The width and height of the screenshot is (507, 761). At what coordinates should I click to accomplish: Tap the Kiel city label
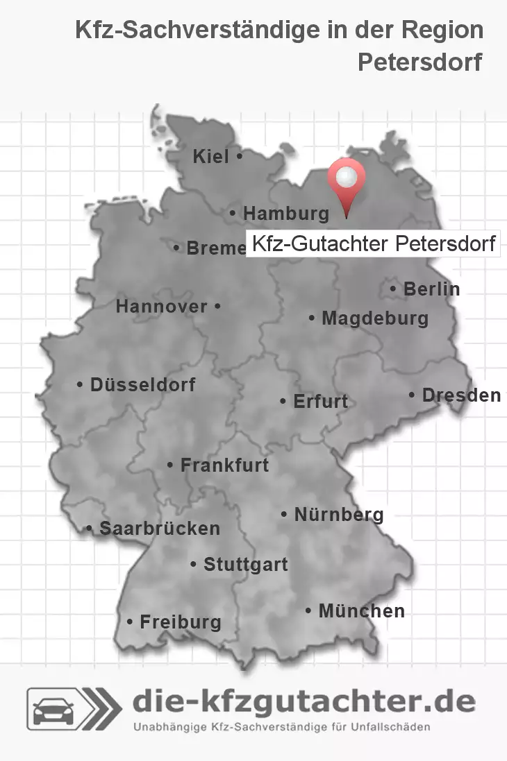click(x=211, y=157)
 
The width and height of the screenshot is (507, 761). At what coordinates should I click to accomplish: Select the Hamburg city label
click(x=286, y=214)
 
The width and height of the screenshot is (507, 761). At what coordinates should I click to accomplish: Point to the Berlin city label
click(x=431, y=289)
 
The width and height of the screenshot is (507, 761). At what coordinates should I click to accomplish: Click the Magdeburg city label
click(x=374, y=319)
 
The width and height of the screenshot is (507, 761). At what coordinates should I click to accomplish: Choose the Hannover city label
click(x=161, y=307)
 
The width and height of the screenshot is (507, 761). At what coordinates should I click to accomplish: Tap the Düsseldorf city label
click(x=142, y=384)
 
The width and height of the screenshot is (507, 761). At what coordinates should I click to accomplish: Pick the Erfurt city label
click(x=320, y=402)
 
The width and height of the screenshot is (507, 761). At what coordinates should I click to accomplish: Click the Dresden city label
click(x=461, y=395)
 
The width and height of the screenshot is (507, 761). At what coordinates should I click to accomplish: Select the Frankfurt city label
click(x=224, y=465)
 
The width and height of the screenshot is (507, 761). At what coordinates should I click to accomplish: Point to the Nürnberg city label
click(x=338, y=515)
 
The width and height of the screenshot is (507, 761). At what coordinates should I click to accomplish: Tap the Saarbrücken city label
click(x=160, y=529)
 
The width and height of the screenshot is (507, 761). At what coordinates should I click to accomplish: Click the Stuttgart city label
click(x=245, y=565)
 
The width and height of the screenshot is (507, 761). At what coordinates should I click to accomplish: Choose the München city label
click(x=361, y=611)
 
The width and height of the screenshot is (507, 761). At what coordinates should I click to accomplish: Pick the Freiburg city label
click(x=180, y=622)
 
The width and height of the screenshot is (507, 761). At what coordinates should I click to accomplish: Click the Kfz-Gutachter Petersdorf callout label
click(x=373, y=244)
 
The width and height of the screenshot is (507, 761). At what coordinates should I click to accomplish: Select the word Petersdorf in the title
click(x=419, y=62)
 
